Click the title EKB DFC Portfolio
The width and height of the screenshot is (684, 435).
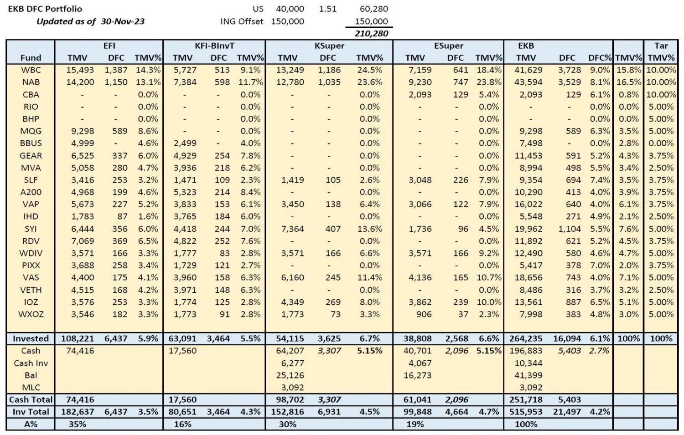(x=45, y=9)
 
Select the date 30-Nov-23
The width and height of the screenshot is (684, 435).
(x=122, y=21)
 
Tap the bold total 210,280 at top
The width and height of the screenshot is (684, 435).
(x=371, y=33)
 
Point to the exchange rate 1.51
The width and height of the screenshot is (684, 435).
(x=327, y=9)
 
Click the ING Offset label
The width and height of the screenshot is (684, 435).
(x=241, y=21)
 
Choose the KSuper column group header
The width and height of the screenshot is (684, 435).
(x=329, y=46)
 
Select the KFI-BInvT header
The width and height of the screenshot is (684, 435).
(x=214, y=46)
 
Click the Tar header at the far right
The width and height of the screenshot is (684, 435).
(x=661, y=46)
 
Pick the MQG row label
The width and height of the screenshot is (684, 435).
(x=31, y=131)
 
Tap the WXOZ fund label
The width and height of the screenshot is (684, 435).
(x=31, y=314)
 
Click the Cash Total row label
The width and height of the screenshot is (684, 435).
(x=31, y=399)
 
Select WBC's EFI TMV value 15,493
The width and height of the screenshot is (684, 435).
(x=80, y=70)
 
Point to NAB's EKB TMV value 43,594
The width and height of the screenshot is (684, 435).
(x=529, y=82)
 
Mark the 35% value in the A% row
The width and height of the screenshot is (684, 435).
(x=77, y=424)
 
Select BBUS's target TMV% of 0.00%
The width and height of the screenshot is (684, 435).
(x=661, y=143)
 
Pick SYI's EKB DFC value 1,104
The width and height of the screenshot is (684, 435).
(x=569, y=229)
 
